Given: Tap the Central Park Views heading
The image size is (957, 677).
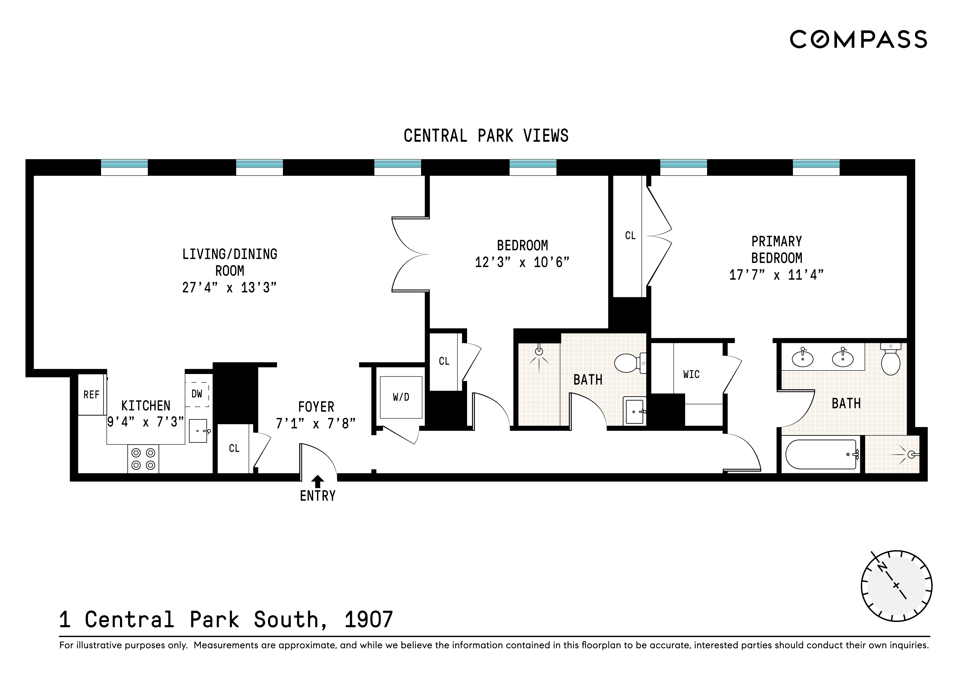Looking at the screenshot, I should tap(486, 136).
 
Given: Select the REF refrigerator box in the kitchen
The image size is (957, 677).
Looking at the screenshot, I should tap(91, 394).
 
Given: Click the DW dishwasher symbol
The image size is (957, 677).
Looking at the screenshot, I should tap(197, 394).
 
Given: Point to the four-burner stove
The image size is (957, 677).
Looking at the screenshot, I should tap(143, 459).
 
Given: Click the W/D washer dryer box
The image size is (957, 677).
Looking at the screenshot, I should tap(401, 397).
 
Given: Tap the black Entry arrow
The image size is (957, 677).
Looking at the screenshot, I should tap(318, 481).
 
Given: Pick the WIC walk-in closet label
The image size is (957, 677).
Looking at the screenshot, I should tap(691, 374).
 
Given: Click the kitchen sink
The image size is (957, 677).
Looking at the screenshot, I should tap(198, 431).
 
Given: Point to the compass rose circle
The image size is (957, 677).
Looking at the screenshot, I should tap(896, 586).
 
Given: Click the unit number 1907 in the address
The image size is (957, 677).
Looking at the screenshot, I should tap(368, 620).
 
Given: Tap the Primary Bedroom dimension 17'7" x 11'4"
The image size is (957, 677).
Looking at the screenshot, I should tap(776, 275).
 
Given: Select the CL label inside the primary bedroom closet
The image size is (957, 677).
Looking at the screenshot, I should tap(630, 236).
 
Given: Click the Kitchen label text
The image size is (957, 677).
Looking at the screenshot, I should tap(146, 406).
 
